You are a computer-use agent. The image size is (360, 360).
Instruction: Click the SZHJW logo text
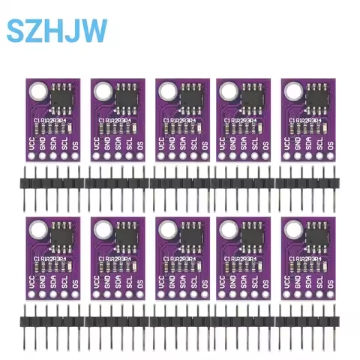pos(57,31)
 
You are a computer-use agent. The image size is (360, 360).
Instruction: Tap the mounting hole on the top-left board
pos(36,92)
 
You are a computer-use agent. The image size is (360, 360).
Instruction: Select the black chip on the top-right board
pos(316,95)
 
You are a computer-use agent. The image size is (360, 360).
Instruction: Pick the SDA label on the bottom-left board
pos(54,280)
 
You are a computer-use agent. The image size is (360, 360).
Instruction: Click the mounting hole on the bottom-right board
pos(292,229)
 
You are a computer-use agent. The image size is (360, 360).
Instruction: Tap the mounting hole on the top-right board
pos(292,92)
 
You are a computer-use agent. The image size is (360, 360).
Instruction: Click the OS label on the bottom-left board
pos(76,282)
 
